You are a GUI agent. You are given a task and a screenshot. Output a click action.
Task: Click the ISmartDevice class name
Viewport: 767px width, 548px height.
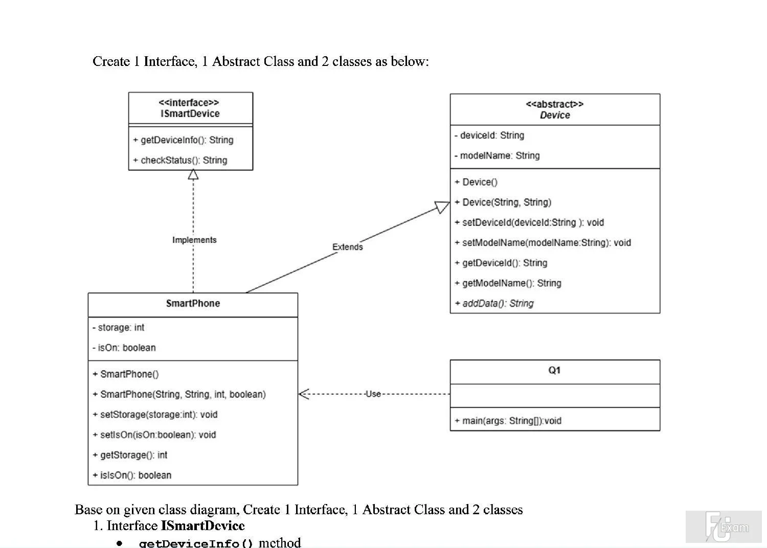(190, 113)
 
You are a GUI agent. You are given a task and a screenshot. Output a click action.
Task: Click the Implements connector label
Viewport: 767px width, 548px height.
(194, 240)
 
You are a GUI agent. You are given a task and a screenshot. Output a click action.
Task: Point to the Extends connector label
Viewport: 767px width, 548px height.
(348, 247)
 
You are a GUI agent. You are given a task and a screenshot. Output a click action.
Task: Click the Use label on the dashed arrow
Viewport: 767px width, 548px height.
(373, 394)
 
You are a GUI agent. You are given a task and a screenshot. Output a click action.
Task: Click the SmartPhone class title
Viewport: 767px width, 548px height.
(193, 303)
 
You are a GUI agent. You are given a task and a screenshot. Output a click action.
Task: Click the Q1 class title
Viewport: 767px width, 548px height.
(554, 370)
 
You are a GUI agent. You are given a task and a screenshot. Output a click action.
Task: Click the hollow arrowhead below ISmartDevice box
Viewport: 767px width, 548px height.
(193, 174)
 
